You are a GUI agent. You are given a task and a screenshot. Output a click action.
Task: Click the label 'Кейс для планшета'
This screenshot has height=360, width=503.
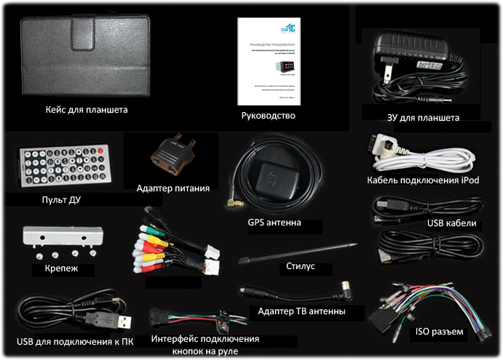tap(85, 110)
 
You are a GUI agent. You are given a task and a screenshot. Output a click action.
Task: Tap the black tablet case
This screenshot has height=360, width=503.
tap(86, 57)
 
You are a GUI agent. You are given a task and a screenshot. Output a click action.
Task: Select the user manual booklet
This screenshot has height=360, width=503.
tap(267, 61)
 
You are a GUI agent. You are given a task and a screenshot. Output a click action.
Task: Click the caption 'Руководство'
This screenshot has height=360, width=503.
tap(267, 115)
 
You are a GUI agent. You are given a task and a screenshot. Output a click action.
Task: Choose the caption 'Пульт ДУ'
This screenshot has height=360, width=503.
tap(52, 199)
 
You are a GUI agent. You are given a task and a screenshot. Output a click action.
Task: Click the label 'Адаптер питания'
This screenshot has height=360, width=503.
tap(173, 188)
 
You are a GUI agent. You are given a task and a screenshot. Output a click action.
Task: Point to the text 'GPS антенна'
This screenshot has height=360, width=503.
tap(274, 223)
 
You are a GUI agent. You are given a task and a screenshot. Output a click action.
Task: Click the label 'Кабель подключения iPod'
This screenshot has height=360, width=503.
tap(424, 181)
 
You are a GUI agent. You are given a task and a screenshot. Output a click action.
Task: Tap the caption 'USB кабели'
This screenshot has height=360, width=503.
tap(451, 223)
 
